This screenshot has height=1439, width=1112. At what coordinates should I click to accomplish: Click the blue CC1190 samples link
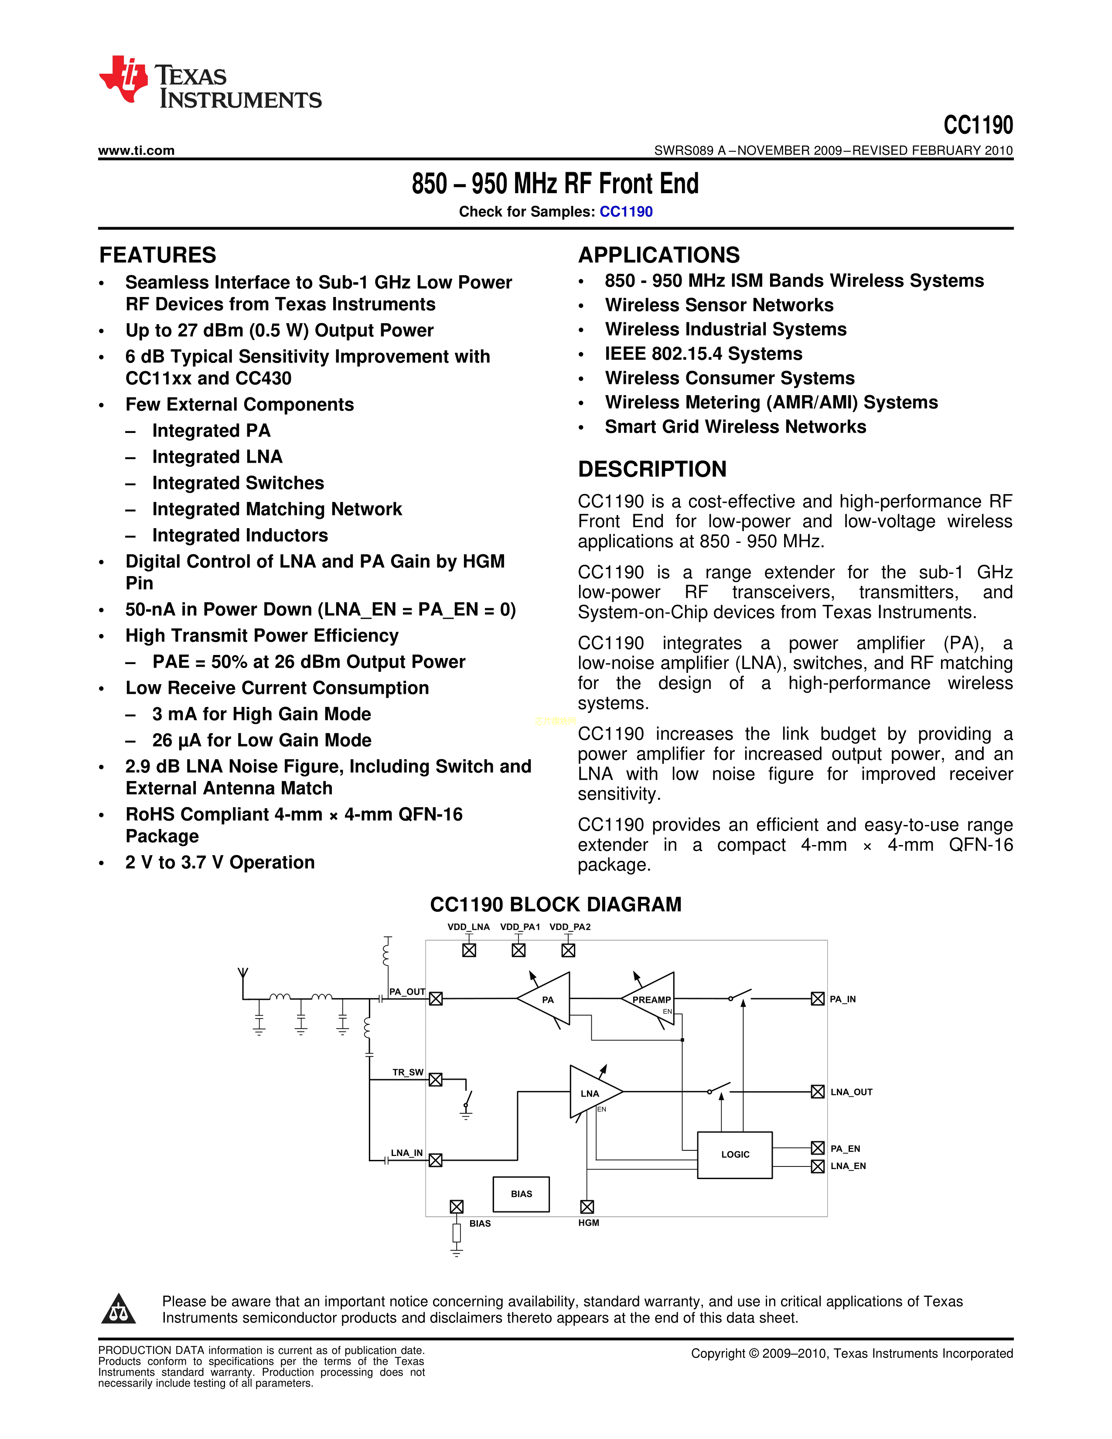(626, 211)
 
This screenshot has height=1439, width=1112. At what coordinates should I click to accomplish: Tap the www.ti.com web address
(136, 150)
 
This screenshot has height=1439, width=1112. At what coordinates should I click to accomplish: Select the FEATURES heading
(157, 255)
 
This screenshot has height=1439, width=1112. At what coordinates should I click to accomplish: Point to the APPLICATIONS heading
(659, 255)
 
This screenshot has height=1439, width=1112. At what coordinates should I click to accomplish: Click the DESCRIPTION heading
(652, 469)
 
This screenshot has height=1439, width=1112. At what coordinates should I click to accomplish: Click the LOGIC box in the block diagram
(734, 1154)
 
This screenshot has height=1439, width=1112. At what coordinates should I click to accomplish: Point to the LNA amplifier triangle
(592, 1092)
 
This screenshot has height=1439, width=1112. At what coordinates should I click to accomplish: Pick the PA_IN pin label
(843, 999)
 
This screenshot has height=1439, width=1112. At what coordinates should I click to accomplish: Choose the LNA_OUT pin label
(851, 1092)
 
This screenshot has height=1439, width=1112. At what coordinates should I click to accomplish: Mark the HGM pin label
(588, 1223)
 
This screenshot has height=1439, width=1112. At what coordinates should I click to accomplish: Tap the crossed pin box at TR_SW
(436, 1079)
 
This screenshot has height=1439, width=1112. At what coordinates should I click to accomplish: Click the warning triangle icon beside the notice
(119, 1309)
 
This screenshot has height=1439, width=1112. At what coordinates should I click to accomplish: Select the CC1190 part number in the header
(978, 125)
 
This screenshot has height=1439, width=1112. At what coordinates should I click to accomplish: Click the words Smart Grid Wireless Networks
(735, 427)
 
